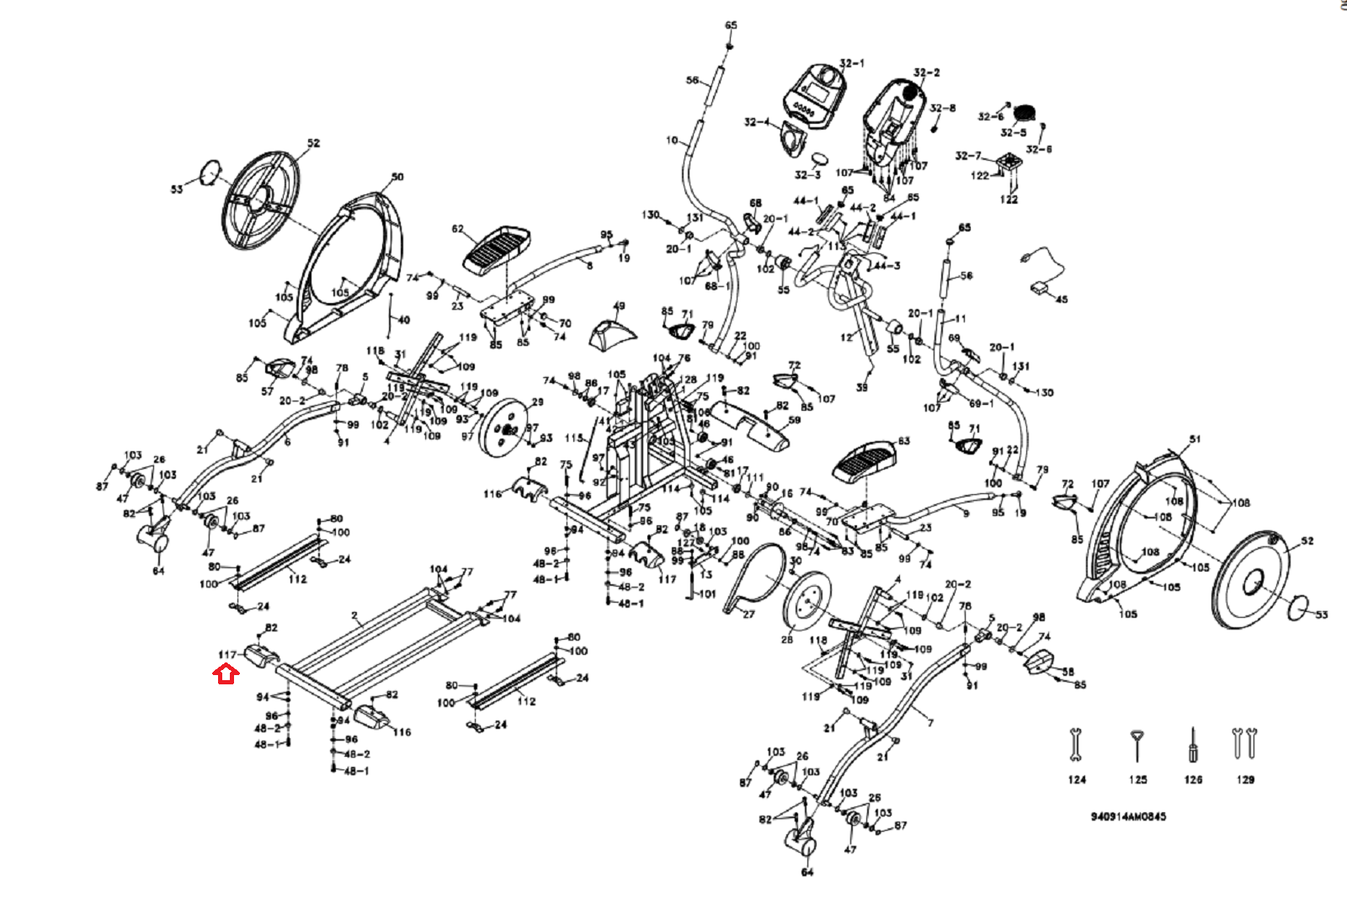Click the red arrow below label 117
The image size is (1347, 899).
226,673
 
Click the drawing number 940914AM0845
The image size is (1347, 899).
1128,817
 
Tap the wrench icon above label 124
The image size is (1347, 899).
1075,745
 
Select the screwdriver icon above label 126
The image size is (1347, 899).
1192,745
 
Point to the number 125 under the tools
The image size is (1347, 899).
1137,779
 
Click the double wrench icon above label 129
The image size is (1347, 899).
1243,742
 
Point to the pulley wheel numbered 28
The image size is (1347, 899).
806,599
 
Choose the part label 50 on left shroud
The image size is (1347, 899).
397,177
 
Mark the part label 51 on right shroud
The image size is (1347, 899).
1195,439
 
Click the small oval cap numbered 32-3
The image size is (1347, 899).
821,159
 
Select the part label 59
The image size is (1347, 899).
795,420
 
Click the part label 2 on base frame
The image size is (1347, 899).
355,615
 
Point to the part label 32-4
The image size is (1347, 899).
755,123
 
